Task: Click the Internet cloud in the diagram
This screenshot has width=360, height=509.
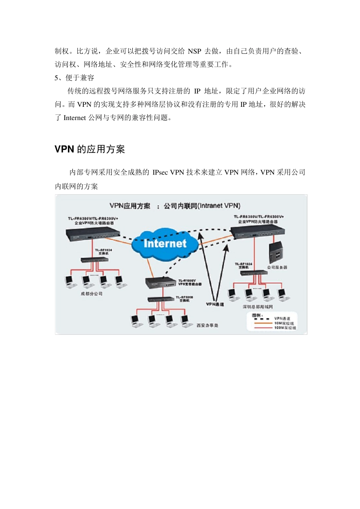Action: coord(165,244)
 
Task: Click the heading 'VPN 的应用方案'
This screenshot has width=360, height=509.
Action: coord(89,149)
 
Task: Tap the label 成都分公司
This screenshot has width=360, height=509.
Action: coord(91,294)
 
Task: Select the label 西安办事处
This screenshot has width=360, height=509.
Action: coord(207,325)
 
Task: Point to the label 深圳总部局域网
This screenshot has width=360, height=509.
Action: coord(258,306)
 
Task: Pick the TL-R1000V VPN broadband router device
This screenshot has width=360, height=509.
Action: coord(161,283)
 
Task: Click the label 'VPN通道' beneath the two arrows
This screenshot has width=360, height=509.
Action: coord(215,304)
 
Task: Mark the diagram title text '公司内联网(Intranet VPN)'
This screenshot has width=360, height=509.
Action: coord(202,206)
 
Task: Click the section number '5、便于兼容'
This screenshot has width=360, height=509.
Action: coord(74,78)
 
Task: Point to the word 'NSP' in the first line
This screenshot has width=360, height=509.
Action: coord(194,51)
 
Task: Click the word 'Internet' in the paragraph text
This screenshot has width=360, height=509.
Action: coord(75,118)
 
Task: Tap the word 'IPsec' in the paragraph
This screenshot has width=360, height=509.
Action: coord(160,172)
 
